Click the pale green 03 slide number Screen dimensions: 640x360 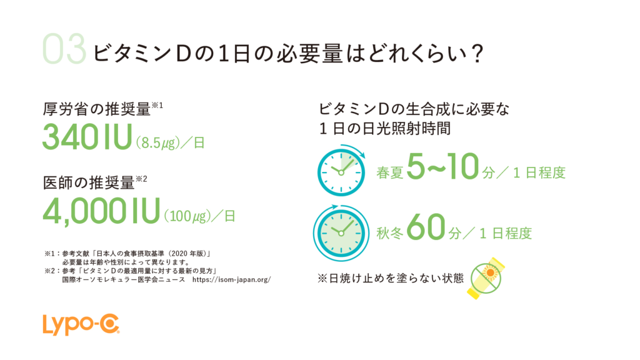[x=64, y=49]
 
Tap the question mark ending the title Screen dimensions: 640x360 [x=476, y=54]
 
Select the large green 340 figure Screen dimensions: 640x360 [x=70, y=136]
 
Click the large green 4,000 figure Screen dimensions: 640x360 [x=84, y=210]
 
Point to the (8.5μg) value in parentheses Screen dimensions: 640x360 [x=157, y=143]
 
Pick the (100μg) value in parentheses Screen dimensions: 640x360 [x=187, y=216]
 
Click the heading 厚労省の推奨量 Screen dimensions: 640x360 [x=97, y=109]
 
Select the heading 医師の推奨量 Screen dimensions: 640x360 [x=89, y=183]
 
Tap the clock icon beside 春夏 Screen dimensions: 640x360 [x=341, y=171]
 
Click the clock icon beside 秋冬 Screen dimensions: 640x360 [x=341, y=232]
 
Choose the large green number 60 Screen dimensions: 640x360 [x=426, y=227]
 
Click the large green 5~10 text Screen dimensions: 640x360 [x=443, y=166]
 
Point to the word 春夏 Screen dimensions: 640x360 [x=390, y=172]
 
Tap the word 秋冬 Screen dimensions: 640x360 [x=390, y=233]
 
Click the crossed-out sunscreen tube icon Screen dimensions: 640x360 [x=486, y=278]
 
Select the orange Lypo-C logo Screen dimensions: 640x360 [x=81, y=324]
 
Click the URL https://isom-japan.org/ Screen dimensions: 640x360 [x=231, y=279]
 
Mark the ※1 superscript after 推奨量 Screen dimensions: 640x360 [x=157, y=105]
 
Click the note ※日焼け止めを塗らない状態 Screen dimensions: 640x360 [x=391, y=278]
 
